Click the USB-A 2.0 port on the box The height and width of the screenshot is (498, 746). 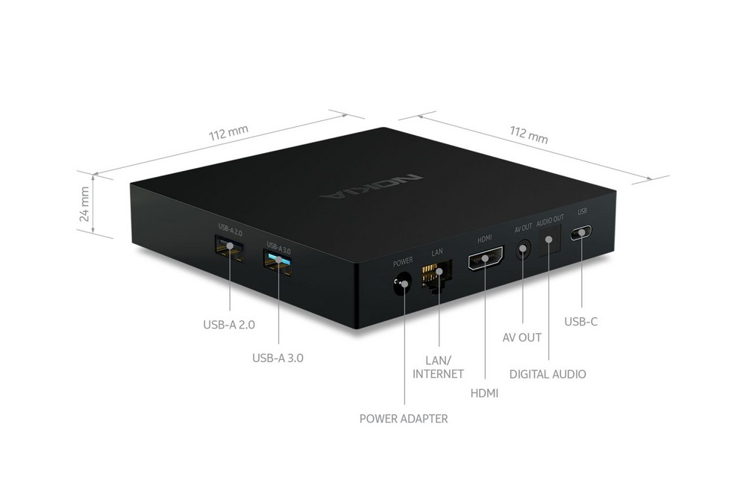tap(229, 247)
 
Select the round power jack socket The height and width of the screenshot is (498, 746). tap(401, 284)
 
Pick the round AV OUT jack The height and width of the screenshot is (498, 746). tap(524, 249)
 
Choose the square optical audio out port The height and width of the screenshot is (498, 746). tap(550, 240)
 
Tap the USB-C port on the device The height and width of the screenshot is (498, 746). tap(581, 233)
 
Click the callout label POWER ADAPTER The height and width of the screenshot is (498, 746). tap(404, 419)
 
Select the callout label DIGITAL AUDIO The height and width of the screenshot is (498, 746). tap(548, 374)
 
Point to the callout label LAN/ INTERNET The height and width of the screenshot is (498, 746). tap(438, 367)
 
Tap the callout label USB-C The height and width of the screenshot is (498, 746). tap(580, 322)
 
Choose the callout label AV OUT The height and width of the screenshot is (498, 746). tap(522, 337)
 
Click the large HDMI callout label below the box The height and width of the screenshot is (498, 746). tap(484, 393)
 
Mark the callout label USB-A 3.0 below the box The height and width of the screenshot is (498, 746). tap(278, 358)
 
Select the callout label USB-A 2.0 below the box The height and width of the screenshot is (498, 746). tap(229, 326)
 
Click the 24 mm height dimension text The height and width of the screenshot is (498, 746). tap(85, 204)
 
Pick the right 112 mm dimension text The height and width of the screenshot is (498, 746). tap(529, 134)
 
